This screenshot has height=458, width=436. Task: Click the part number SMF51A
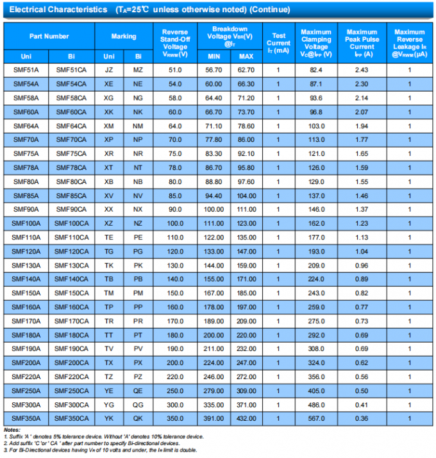[26, 69]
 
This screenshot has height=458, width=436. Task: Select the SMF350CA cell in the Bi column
[72, 418]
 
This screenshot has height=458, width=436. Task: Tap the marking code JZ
[109, 69]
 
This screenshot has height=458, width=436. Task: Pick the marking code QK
[138, 418]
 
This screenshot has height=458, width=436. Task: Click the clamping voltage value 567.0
[315, 418]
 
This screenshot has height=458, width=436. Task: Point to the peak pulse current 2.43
[362, 69]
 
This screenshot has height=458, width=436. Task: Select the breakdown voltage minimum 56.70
[214, 69]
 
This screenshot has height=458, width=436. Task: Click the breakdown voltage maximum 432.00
[246, 418]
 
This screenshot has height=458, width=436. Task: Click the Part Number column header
[49, 37]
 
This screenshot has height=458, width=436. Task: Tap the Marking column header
[124, 37]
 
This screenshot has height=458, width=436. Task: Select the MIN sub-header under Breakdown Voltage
[214, 55]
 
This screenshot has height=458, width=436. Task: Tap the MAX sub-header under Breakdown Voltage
[246, 55]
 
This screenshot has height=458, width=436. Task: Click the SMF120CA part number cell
[72, 251]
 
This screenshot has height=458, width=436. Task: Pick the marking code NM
[138, 125]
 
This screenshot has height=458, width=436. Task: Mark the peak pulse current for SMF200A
[362, 362]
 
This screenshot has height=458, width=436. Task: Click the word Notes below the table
[12, 430]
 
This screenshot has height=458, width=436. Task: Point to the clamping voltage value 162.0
[315, 223]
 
